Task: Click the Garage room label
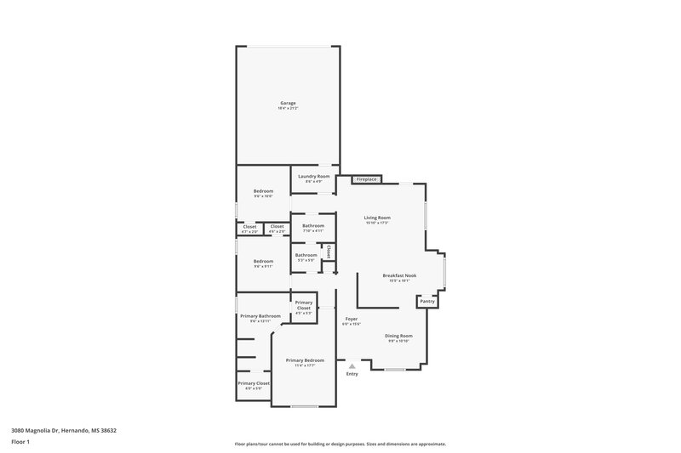tap(287, 103)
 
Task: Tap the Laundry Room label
tap(313, 176)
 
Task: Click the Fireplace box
tap(367, 180)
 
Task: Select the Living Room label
tap(376, 218)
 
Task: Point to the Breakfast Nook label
tap(399, 275)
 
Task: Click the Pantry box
tap(427, 301)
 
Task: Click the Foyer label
tap(351, 320)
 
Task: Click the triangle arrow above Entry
tap(352, 366)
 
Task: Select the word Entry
tap(352, 374)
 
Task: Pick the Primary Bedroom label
tap(304, 360)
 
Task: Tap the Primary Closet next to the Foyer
tap(303, 306)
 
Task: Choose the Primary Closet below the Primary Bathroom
tap(253, 383)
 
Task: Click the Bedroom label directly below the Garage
tap(263, 191)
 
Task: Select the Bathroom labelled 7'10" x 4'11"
tap(312, 226)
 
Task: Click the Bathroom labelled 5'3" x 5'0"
tap(306, 255)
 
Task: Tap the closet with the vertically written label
tap(329, 252)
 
